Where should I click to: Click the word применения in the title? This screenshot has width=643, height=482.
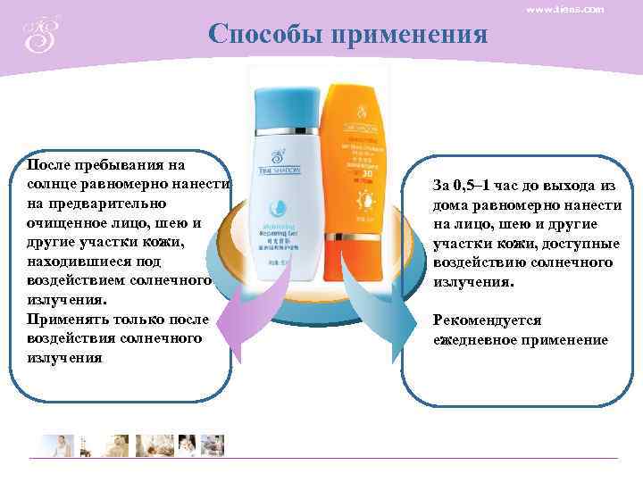409,35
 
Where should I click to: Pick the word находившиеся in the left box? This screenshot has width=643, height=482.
79,262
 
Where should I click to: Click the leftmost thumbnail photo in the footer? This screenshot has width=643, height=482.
54,445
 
